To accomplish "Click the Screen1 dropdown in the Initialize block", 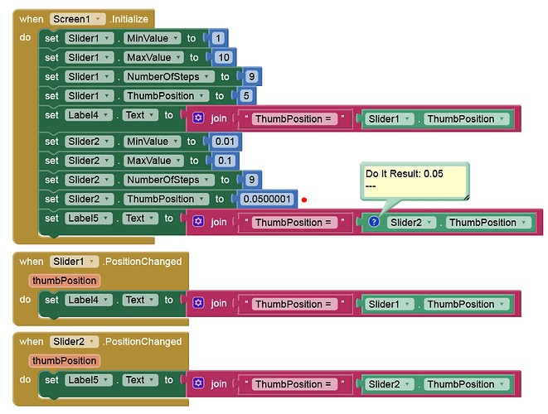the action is pos(77,19).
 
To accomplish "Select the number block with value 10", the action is pos(224,57).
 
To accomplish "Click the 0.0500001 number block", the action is pos(267,199).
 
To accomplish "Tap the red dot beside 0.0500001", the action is pos(304,200).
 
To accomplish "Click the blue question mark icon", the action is pos(374,222).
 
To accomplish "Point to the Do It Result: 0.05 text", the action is pos(405,174).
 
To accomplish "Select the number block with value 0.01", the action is pos(225,142).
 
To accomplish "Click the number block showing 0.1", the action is pos(225,161).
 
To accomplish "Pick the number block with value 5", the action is pos(246,96).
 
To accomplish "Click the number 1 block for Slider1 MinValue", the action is pos(218,38).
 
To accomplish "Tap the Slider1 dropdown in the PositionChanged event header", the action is pos(74,261).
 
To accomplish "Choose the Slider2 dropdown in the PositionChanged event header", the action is pos(74,341).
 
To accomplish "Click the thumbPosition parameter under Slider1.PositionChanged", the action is pos(65,281).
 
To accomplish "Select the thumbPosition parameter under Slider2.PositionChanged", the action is pos(65,360).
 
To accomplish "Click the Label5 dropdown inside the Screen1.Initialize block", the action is pos(89,218).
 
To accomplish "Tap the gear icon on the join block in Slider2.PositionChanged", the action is pos(198,383).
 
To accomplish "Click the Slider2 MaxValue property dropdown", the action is pos(153,161).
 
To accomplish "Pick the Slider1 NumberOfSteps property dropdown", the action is pos(169,76).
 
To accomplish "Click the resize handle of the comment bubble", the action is pos(466,198).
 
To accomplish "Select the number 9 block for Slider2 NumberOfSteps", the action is pos(252,180).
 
